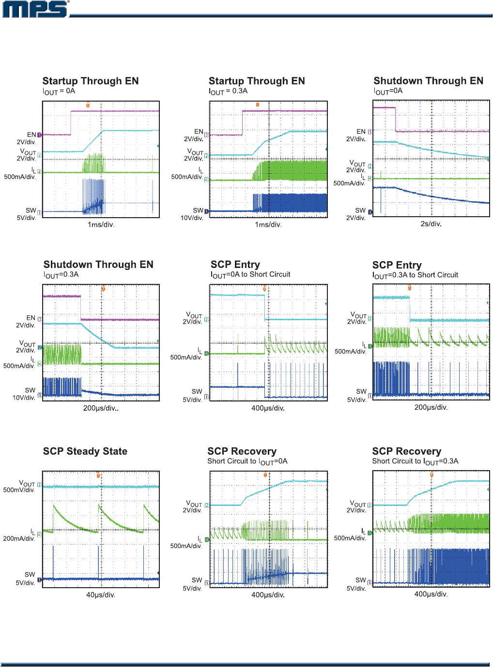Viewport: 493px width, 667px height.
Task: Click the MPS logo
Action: pyautogui.click(x=35, y=9)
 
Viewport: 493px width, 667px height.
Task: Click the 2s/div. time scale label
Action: pyautogui.click(x=431, y=224)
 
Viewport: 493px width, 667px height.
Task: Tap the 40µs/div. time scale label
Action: pyautogui.click(x=101, y=595)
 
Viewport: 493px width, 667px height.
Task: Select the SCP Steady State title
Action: pyautogui.click(x=85, y=451)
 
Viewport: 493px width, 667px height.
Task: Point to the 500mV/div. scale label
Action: pyautogui.click(x=19, y=490)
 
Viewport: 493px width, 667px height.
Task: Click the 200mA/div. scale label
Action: pyautogui.click(x=19, y=538)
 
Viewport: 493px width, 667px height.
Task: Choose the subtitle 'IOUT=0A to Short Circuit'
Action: pyautogui.click(x=250, y=275)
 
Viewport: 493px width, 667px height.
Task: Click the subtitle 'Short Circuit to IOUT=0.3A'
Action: pyautogui.click(x=415, y=461)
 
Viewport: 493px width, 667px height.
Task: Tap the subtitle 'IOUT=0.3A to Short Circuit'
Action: pyautogui.click(x=415, y=275)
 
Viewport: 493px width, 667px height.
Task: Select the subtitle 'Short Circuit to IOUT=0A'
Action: pyautogui.click(x=247, y=461)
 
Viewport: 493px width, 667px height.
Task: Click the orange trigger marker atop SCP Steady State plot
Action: pyautogui.click(x=98, y=475)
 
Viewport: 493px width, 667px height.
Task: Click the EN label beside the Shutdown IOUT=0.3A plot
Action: pyautogui.click(x=31, y=318)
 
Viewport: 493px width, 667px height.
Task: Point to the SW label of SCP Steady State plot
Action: pyautogui.click(x=30, y=575)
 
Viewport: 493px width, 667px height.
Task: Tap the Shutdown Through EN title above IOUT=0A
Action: pyautogui.click(x=429, y=81)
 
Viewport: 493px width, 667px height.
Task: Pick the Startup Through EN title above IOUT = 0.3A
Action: pyautogui.click(x=257, y=81)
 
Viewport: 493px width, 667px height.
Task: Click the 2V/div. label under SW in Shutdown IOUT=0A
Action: pyautogui.click(x=355, y=218)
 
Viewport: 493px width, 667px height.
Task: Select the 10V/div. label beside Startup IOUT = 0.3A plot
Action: pyautogui.click(x=192, y=218)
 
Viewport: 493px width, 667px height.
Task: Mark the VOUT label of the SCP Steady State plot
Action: pyautogui.click(x=27, y=483)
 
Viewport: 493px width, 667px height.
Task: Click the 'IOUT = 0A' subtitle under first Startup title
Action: pyautogui.click(x=59, y=91)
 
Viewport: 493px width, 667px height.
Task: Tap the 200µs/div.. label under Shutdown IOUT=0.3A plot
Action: pyautogui.click(x=101, y=408)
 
